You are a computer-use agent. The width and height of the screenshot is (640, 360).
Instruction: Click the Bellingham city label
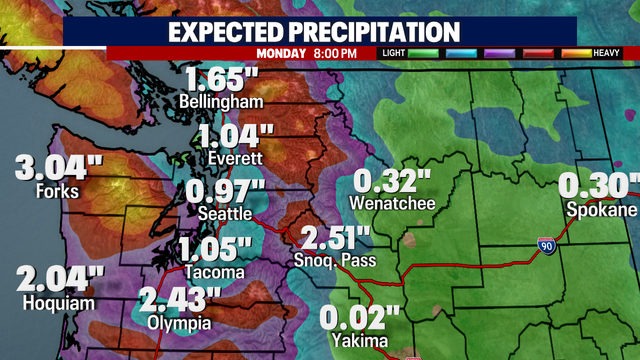click(x=221, y=102)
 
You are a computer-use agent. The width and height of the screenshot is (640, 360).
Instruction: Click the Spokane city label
click(x=601, y=210)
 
